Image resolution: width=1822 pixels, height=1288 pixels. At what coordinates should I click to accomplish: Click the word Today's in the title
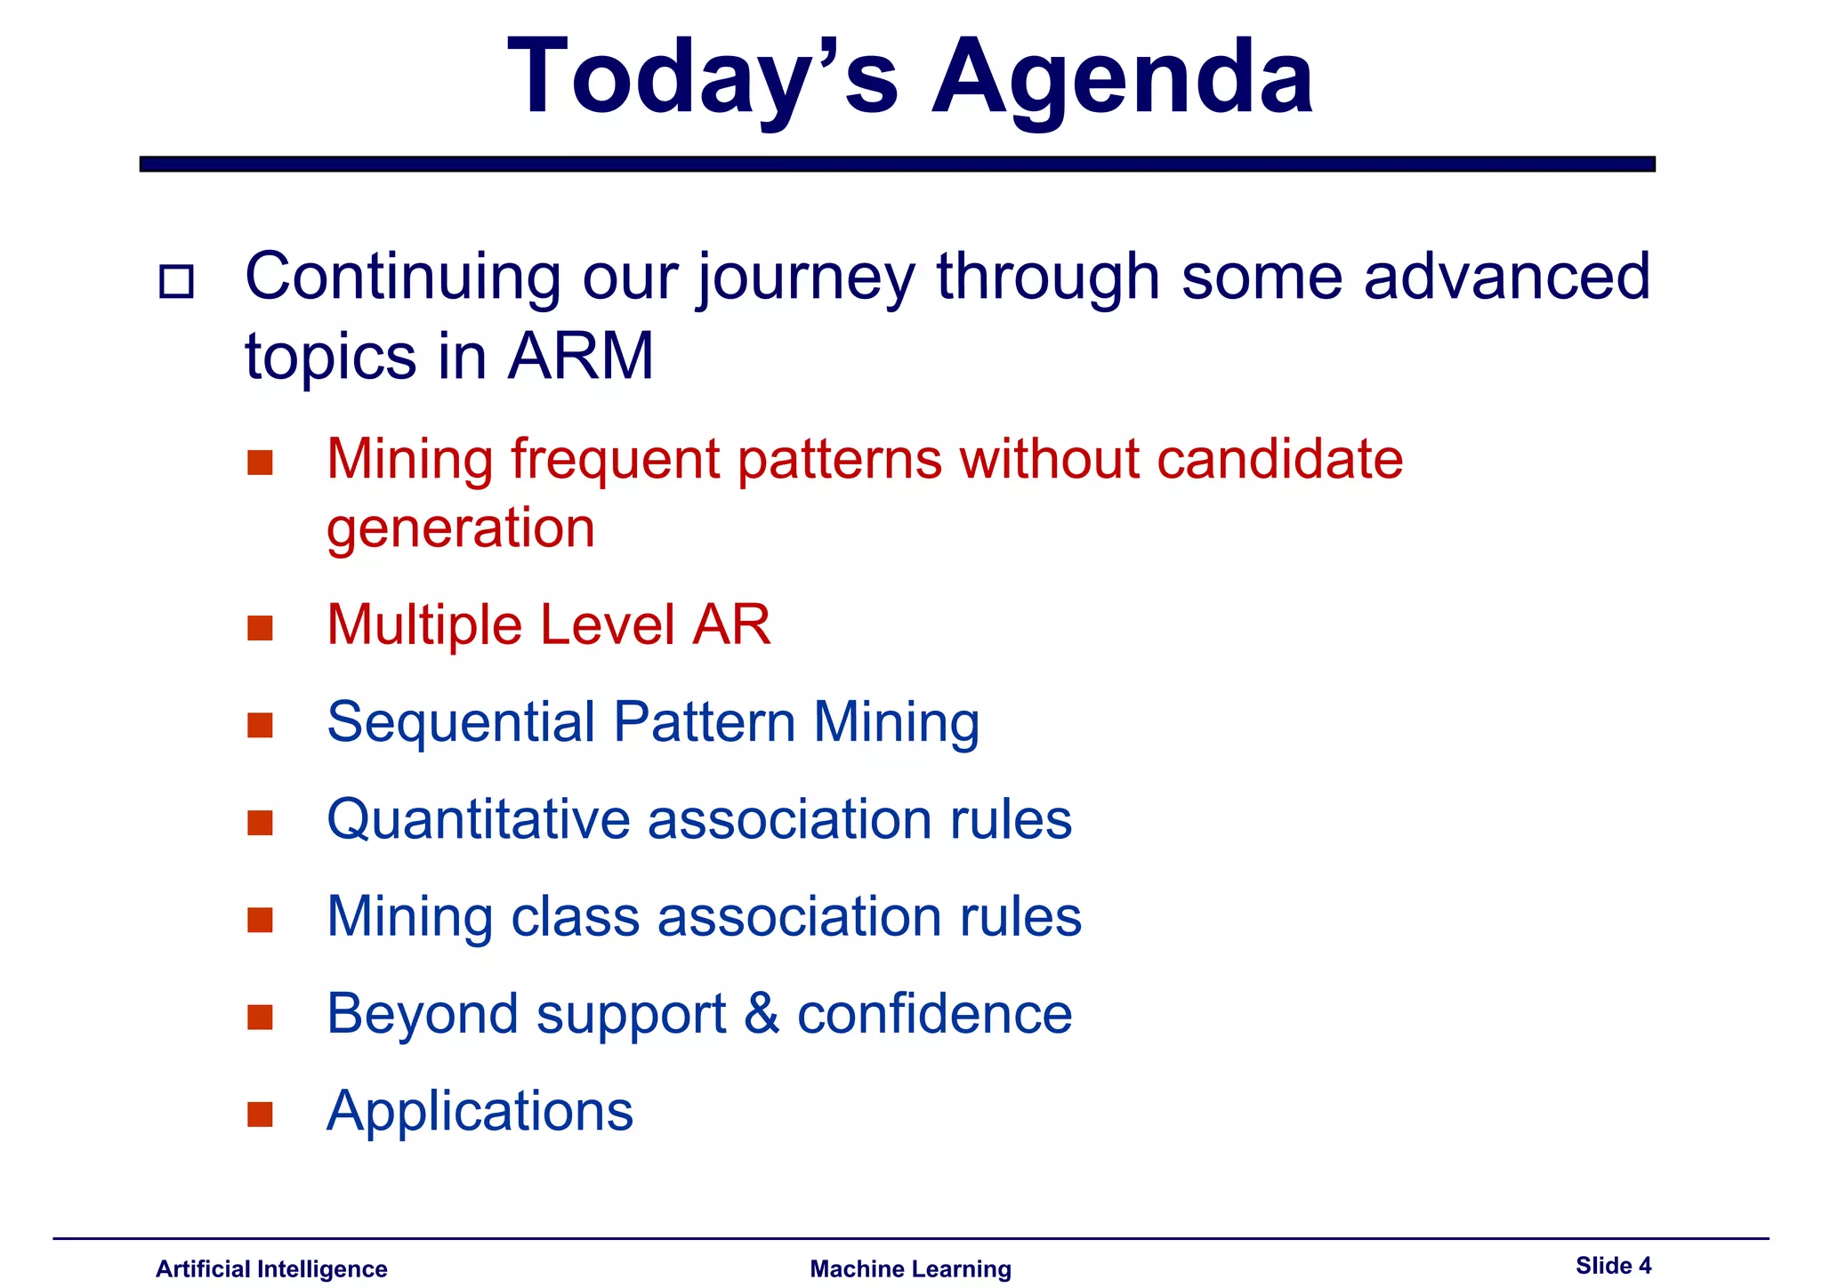point(703,78)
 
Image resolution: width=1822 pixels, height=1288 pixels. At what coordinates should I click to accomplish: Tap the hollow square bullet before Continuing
point(176,282)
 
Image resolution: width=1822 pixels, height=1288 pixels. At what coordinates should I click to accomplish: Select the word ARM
point(581,357)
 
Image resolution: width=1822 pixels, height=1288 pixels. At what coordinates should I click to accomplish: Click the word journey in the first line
point(806,278)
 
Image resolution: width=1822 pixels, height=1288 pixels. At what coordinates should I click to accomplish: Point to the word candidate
point(1279,459)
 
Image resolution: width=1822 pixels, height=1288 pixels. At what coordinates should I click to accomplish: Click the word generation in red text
point(461,528)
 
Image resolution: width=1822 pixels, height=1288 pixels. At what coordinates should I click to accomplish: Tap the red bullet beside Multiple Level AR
point(260,628)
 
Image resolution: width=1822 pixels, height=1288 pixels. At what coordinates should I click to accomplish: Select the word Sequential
point(461,722)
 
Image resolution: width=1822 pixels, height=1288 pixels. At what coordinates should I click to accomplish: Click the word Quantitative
point(478,819)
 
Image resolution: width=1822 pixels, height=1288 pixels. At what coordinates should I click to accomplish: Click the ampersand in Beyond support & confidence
point(762,1014)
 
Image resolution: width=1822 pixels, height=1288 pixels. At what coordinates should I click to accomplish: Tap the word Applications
point(480,1112)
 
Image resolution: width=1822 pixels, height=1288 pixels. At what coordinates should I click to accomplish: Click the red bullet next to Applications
point(260,1114)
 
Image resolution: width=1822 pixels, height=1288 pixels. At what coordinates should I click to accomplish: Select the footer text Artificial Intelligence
point(271,1268)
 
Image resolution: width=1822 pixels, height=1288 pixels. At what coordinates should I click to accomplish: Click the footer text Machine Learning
point(910,1268)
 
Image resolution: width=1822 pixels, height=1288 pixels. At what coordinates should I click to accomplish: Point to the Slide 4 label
point(1613,1265)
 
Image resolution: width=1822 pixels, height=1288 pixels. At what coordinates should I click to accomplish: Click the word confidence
point(934,1014)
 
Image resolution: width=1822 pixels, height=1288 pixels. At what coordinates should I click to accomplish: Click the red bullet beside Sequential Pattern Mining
point(260,725)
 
